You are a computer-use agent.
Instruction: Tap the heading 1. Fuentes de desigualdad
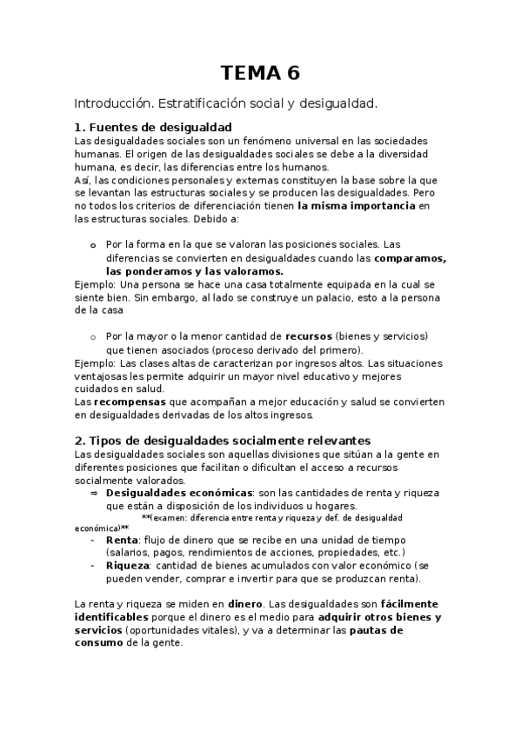(153, 127)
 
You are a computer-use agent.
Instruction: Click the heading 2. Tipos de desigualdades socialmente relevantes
(223, 441)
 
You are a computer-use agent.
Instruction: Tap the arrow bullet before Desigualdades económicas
(94, 493)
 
